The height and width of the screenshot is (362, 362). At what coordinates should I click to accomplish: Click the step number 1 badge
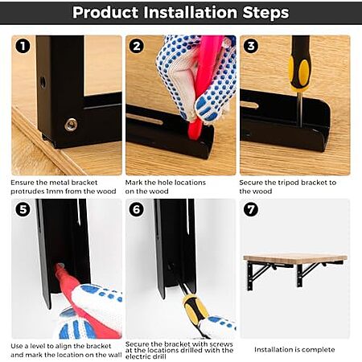23,46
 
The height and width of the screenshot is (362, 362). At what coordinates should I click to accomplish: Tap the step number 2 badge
137,46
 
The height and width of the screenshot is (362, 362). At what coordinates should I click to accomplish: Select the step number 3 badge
251,46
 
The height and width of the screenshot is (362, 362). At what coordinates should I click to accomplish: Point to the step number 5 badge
23,209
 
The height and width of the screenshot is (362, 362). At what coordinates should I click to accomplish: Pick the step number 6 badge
137,209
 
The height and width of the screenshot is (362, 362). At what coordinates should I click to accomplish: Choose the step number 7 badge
251,209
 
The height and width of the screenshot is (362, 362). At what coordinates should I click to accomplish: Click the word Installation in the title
190,12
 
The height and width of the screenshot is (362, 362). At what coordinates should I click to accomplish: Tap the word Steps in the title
265,13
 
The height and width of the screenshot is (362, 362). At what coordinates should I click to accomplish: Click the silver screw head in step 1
71,125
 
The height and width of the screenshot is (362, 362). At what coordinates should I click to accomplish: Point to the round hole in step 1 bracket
43,82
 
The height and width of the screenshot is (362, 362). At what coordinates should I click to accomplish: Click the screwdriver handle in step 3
299,63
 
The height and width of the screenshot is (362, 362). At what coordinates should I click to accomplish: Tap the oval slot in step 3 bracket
249,105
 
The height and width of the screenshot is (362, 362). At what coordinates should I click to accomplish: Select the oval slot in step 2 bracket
144,119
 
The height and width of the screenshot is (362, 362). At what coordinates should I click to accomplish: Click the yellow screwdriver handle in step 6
195,308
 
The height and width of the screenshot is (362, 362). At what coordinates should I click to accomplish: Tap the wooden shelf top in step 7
295,257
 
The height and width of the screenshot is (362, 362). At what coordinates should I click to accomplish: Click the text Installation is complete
294,350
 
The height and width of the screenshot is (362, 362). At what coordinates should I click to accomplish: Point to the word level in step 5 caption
37,346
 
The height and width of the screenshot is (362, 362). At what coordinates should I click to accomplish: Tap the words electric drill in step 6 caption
146,356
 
